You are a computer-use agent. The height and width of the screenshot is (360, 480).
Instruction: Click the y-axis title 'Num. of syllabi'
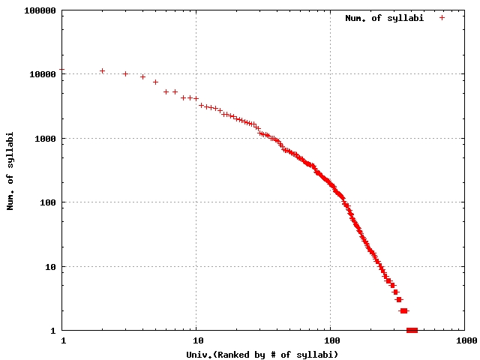[12, 171]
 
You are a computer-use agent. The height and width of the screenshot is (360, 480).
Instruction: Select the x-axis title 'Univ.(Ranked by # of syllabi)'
[263, 354]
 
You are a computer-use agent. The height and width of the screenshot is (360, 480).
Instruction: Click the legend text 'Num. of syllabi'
[385, 18]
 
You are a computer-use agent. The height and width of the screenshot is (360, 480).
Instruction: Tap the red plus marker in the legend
[442, 18]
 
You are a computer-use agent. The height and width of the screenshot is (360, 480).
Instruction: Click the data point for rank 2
[103, 71]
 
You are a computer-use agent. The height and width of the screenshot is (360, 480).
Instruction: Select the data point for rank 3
[126, 74]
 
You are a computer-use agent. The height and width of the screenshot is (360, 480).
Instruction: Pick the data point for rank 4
[143, 77]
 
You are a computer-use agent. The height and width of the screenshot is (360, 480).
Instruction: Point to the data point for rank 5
[156, 82]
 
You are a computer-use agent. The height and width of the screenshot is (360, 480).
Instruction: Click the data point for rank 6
[166, 92]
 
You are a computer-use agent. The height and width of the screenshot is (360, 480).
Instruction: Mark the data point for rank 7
[175, 92]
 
